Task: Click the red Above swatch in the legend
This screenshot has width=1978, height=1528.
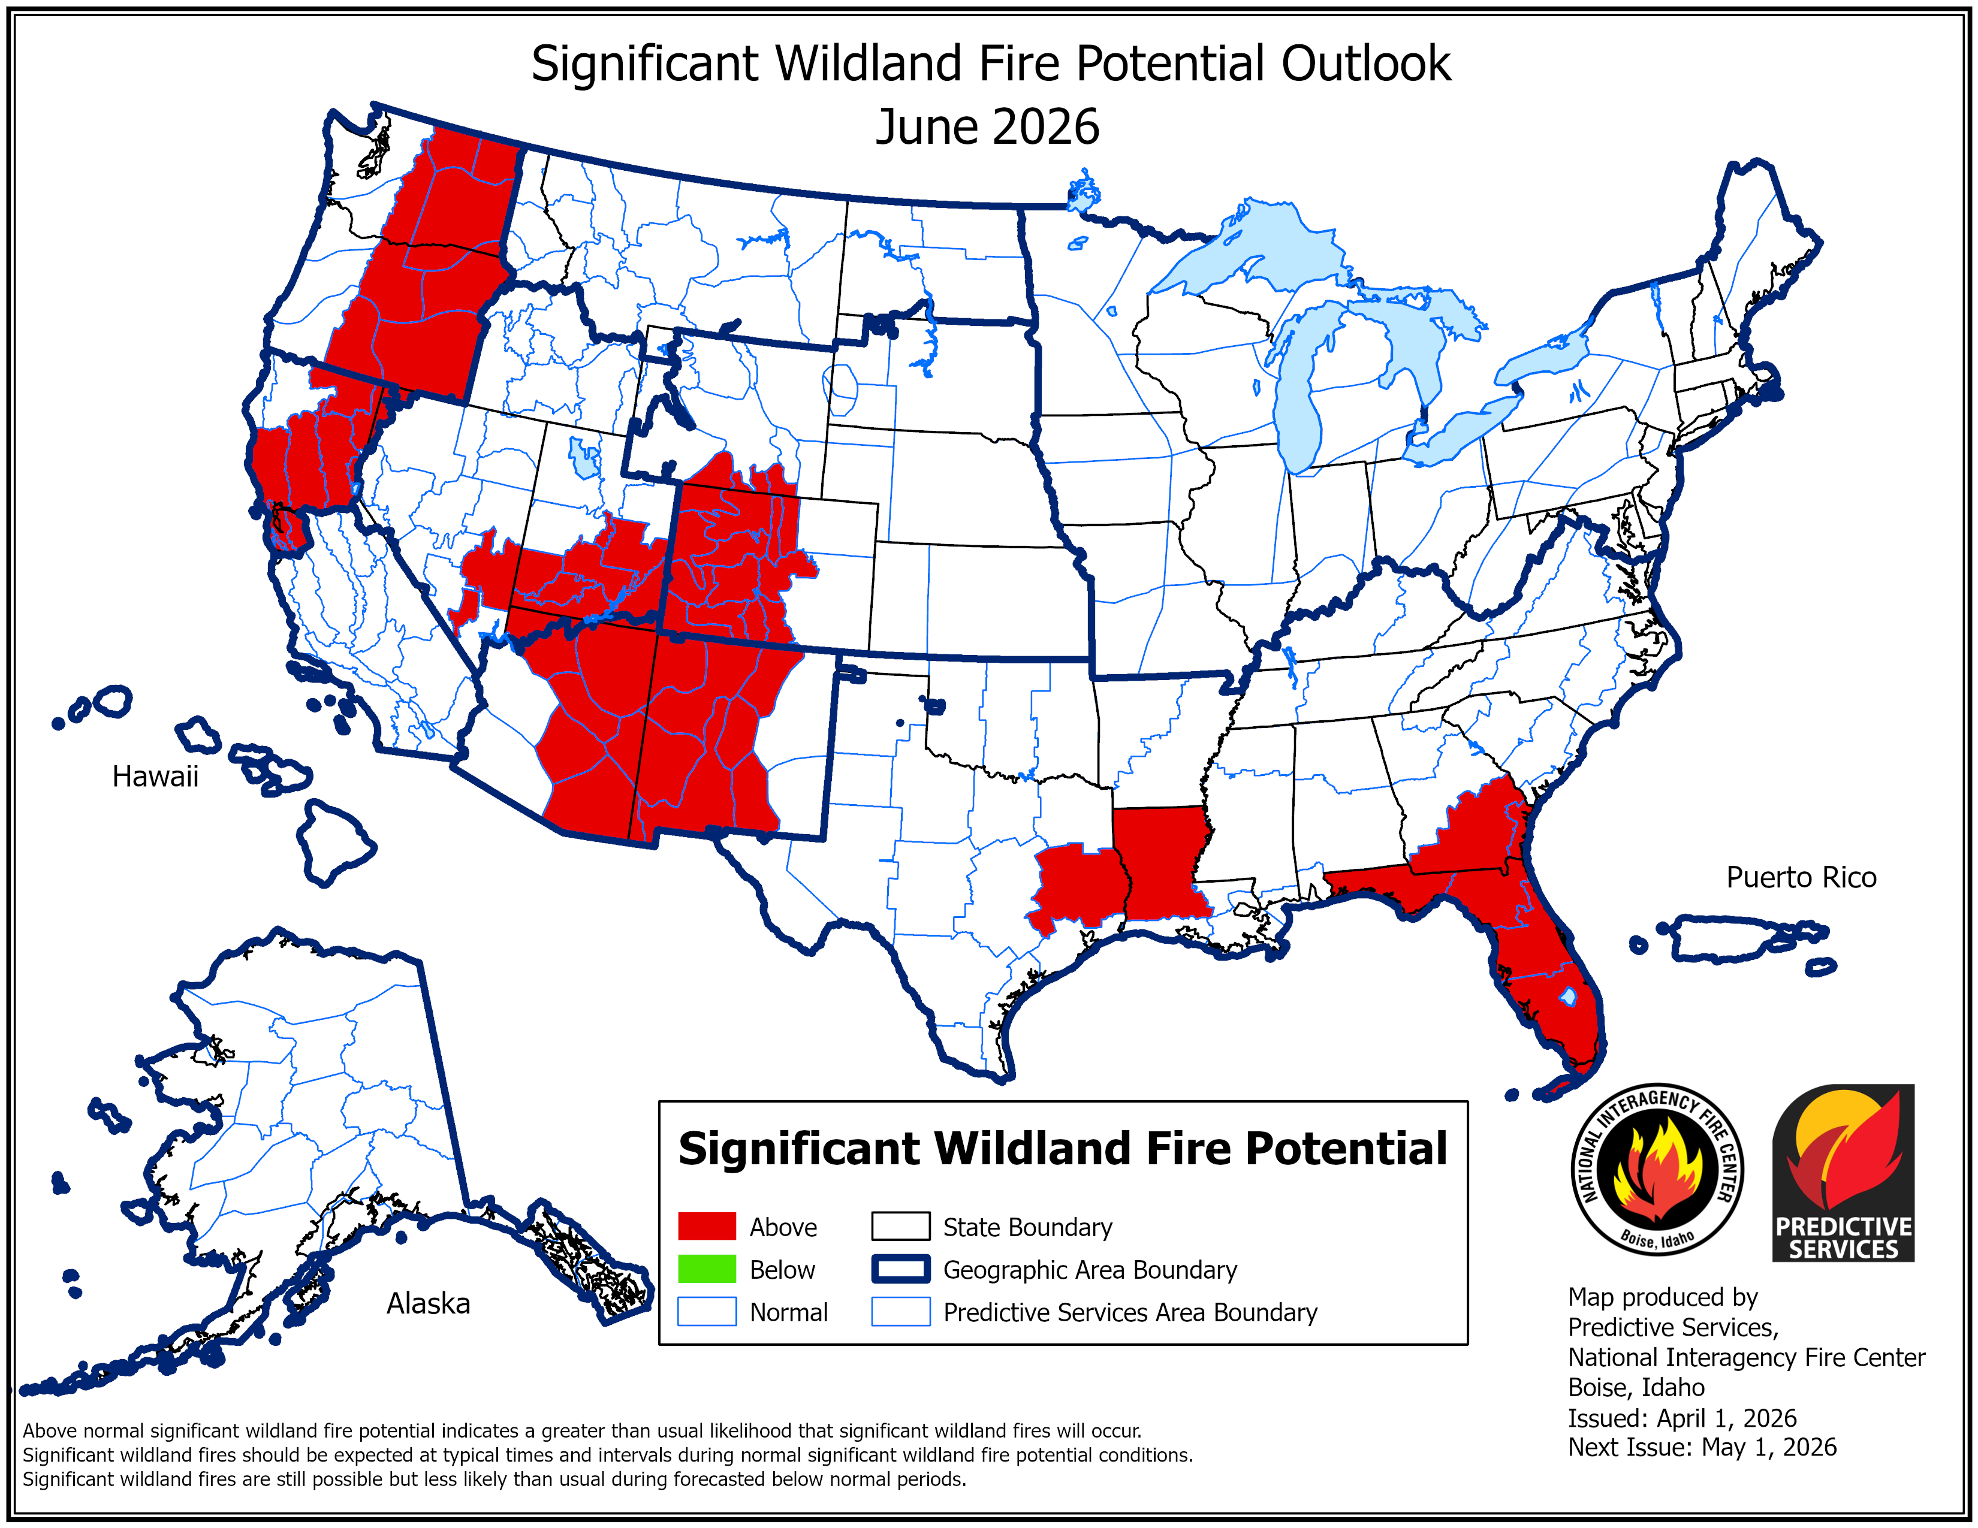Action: (707, 1227)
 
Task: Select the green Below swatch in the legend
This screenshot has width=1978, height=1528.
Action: (707, 1269)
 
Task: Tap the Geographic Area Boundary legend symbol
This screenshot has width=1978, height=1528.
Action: (900, 1269)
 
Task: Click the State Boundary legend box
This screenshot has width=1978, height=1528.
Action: (900, 1227)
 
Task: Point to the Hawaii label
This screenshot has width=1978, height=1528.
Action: (155, 777)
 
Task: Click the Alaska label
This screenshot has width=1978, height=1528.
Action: (429, 1303)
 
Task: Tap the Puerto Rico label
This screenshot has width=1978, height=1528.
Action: (1801, 877)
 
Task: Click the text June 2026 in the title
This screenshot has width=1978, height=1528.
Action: (987, 126)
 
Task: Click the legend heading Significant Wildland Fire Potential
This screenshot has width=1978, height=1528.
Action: (1062, 1148)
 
